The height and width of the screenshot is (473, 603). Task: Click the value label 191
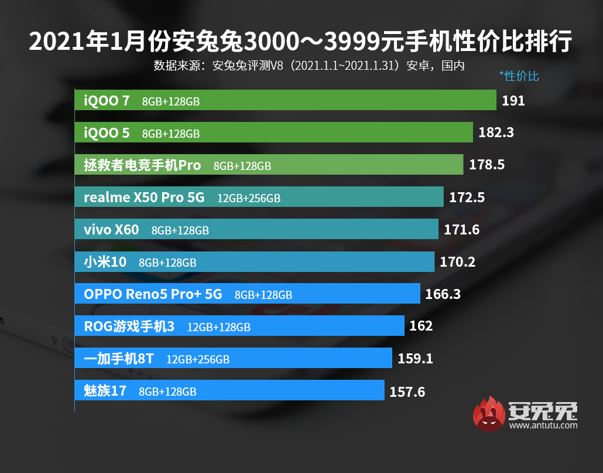coord(513,101)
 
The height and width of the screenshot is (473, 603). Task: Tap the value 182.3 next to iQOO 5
coord(496,132)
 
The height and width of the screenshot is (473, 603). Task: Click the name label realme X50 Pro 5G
coord(144,198)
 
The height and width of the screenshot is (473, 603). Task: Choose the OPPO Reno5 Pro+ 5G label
coord(153,294)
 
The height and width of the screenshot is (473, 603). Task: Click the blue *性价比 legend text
coord(519,76)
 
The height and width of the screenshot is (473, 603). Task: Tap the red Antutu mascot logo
coord(489,414)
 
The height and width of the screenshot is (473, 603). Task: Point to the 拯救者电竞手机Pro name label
coord(142,165)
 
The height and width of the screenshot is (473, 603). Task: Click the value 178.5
coord(486,165)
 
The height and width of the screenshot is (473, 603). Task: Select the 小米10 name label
coord(105,262)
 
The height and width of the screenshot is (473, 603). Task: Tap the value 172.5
coord(467,198)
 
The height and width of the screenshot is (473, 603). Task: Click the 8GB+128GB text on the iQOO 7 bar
coord(171,101)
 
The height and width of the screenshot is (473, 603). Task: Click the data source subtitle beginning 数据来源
coord(309,65)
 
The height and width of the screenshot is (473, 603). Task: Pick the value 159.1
coord(415,358)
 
